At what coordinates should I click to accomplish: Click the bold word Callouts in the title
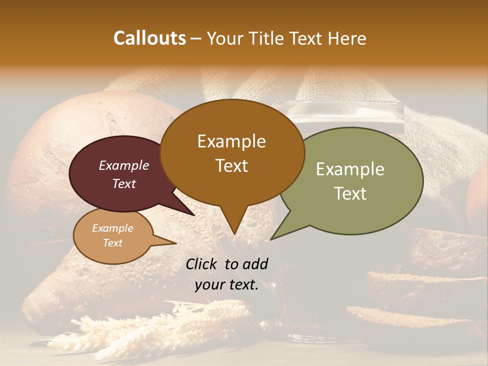pyautogui.click(x=149, y=38)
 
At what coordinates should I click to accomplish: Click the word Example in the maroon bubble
pyautogui.click(x=124, y=165)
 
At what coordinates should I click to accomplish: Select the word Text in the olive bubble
pyautogui.click(x=350, y=194)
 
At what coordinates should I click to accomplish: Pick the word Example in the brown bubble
pyautogui.click(x=231, y=141)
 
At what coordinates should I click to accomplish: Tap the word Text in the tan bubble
pyautogui.click(x=113, y=243)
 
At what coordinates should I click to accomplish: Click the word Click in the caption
pyautogui.click(x=201, y=264)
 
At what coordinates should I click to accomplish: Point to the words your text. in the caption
pyautogui.click(x=227, y=285)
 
